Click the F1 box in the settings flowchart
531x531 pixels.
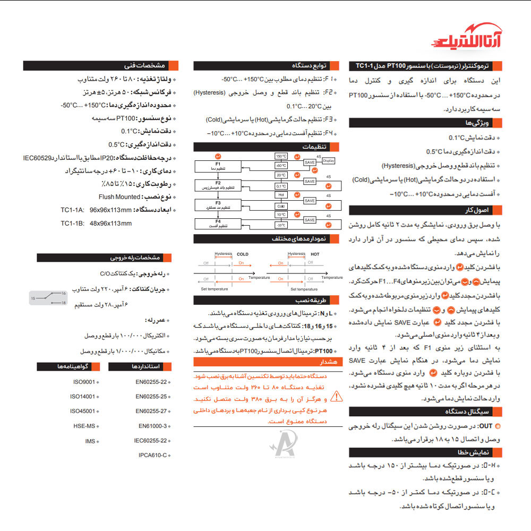coord(218,166)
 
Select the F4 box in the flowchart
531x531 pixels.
coord(218,223)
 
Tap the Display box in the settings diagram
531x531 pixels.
coord(329,160)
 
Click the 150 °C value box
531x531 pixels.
coord(281,157)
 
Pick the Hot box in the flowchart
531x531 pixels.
coord(281,195)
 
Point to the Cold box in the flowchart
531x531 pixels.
coord(281,206)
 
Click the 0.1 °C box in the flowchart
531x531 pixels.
coord(281,186)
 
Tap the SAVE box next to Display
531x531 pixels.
coord(310,162)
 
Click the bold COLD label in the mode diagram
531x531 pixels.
coord(242,254)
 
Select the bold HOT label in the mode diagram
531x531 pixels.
coord(315,254)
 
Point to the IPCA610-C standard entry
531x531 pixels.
coord(152,455)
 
